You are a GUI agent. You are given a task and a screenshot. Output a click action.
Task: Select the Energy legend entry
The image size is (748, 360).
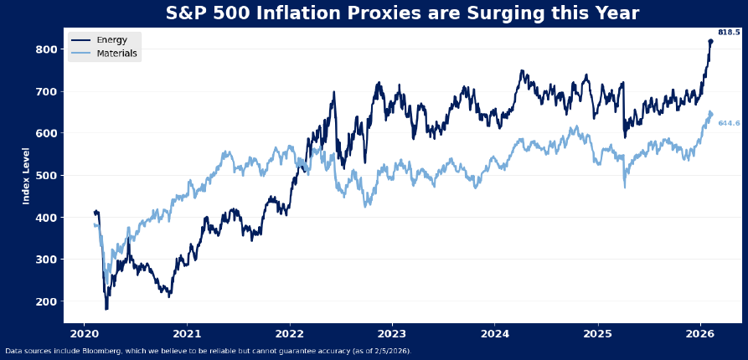pos(111,40)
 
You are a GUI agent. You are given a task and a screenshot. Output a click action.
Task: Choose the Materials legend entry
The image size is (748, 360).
pos(117,54)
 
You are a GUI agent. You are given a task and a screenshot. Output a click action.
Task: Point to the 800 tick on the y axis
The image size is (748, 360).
pos(47,49)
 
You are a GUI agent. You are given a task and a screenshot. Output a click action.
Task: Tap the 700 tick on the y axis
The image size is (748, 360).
pos(47,91)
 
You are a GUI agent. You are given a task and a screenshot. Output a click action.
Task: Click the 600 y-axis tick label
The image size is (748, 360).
pos(47,133)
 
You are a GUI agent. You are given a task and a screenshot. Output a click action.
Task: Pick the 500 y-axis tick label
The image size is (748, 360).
pos(47,176)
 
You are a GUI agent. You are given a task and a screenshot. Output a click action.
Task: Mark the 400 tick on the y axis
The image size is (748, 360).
pos(47,218)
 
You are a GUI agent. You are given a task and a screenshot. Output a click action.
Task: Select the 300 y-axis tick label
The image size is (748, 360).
pos(47,260)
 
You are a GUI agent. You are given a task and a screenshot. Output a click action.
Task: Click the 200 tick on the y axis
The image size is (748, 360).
pos(47,301)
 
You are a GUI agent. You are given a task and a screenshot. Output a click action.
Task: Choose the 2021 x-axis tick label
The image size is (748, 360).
pos(187,333)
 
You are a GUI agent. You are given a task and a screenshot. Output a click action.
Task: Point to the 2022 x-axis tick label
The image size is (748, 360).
pos(290,333)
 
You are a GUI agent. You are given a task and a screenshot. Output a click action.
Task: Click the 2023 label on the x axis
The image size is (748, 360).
pos(392,333)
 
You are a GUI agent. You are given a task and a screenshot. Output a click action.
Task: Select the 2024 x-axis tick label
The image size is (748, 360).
pos(495,333)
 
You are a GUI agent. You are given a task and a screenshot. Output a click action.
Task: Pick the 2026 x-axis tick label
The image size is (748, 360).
pos(700,333)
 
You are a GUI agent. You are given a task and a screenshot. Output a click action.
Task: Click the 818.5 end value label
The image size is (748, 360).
pos(729,33)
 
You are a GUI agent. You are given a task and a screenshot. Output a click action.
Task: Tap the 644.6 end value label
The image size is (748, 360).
pos(729,123)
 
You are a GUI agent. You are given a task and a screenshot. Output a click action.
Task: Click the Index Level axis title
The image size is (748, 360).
pos(26,176)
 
